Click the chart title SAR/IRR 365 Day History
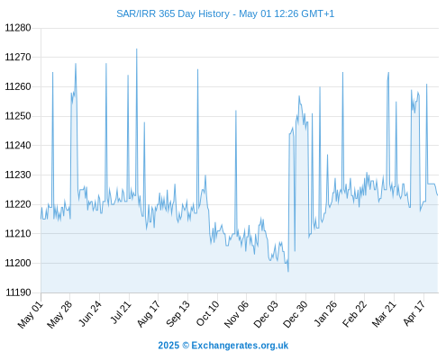(x=173, y=13)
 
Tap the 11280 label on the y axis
(x=18, y=28)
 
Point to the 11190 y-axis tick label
(x=18, y=292)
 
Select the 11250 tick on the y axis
(x=18, y=116)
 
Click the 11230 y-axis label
(x=18, y=175)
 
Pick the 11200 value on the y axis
(x=18, y=263)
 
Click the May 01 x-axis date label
(x=31, y=315)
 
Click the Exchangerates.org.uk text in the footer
(x=240, y=346)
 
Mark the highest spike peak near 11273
(x=137, y=49)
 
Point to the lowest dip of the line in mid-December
(x=288, y=272)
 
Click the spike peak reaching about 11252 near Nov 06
(x=236, y=111)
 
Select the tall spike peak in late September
(x=197, y=69)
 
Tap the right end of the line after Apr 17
(x=438, y=195)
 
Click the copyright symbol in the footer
(x=186, y=346)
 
